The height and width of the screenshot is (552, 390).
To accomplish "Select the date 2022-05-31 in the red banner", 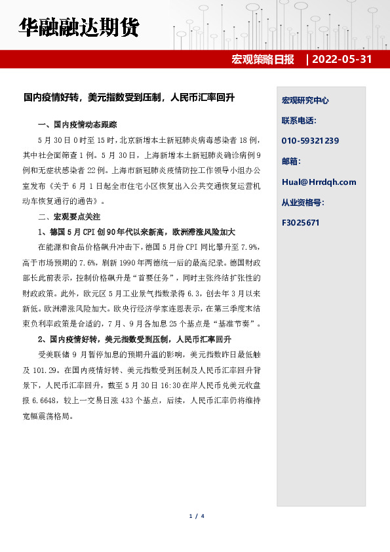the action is [341, 59].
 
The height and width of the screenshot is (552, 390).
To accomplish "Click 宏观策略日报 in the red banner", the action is [263, 59].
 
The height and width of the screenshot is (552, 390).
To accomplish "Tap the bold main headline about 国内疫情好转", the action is [129, 98].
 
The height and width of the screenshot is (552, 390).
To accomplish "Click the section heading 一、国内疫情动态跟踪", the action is [78, 125].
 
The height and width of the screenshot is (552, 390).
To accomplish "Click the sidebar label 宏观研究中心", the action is [305, 100].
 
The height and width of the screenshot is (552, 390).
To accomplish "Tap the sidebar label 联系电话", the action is [299, 121].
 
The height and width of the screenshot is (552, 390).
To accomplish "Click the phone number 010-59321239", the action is [310, 141].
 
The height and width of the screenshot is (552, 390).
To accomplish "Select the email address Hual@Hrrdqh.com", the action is [319, 182].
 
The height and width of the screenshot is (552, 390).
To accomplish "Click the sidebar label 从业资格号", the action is [303, 202].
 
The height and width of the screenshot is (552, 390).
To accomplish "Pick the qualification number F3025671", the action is [300, 222].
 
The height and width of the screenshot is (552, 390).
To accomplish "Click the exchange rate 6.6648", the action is [52, 401].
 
